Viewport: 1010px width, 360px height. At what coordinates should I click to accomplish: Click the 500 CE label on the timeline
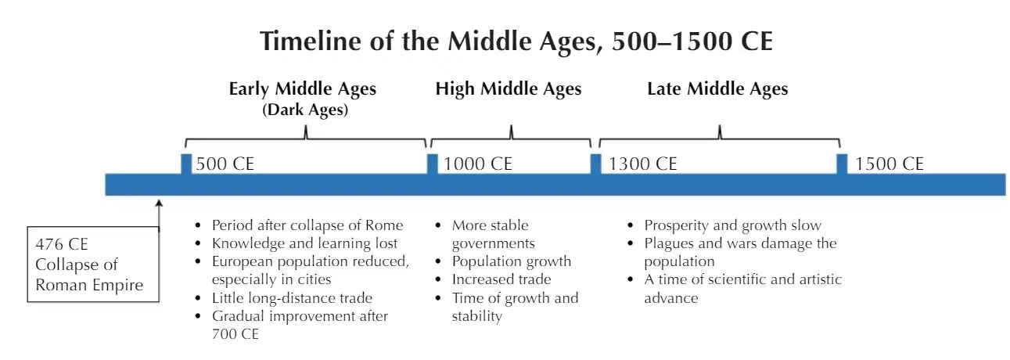click(x=225, y=164)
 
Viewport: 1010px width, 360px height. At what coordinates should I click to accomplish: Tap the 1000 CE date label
click(x=478, y=164)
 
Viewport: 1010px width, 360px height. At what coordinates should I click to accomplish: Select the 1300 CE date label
click(x=643, y=164)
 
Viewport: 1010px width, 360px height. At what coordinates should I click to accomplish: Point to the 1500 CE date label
click(x=890, y=164)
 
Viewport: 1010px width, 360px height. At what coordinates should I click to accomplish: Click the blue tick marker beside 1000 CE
click(x=433, y=164)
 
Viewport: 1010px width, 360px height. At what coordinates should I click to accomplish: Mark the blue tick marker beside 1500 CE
click(x=842, y=164)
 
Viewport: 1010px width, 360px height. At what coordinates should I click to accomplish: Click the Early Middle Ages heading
click(x=303, y=89)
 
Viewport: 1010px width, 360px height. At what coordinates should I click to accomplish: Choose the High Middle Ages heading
click(x=509, y=89)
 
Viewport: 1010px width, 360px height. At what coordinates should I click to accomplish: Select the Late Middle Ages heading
click(x=717, y=89)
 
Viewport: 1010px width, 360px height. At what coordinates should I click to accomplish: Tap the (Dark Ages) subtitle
click(x=305, y=110)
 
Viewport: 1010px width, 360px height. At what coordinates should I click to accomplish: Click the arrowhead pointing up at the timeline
click(x=159, y=204)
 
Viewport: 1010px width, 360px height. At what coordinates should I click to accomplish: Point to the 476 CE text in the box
click(x=62, y=244)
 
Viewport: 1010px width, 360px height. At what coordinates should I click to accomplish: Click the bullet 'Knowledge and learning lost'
click(x=305, y=243)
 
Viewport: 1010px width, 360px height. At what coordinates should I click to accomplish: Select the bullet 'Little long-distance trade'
click(x=292, y=298)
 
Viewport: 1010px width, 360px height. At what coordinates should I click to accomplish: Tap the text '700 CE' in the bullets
click(x=235, y=334)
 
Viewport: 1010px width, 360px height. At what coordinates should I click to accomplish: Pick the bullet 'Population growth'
click(x=512, y=261)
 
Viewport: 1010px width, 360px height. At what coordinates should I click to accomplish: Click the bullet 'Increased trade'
click(x=501, y=279)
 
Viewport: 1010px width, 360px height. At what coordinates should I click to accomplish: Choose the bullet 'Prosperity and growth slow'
click(x=733, y=225)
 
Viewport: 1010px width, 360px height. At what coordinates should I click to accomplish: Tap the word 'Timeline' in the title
click(x=311, y=41)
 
